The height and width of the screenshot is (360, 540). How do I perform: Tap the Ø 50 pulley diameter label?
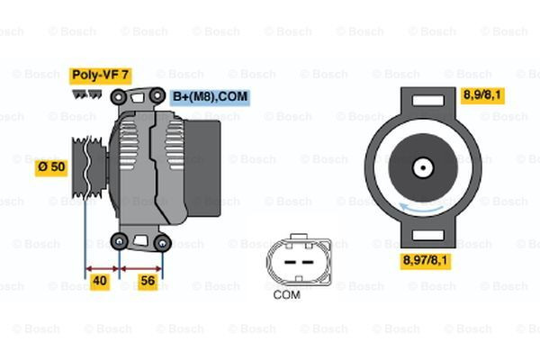tap(50, 166)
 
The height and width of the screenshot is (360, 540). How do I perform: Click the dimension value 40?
tap(101, 280)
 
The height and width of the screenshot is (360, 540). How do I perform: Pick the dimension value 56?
tap(148, 280)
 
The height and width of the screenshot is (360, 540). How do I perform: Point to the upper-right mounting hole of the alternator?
tap(158, 94)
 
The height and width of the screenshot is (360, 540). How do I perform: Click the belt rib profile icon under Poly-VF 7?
tap(85, 92)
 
